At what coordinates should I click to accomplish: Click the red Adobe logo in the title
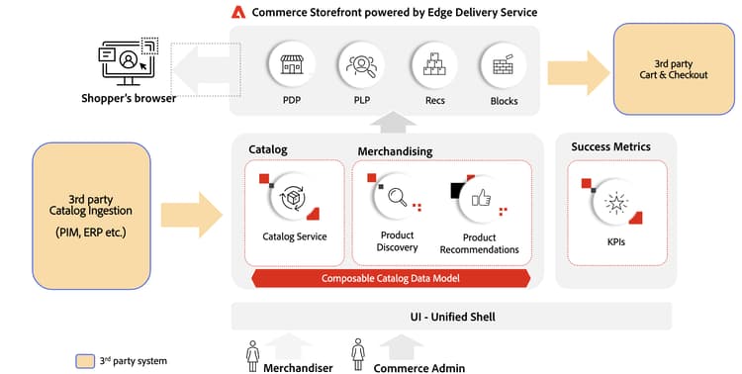[x=237, y=13]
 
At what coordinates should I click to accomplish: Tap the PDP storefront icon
[x=291, y=66]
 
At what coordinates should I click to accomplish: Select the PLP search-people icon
[x=361, y=66]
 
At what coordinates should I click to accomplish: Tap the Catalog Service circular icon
[x=294, y=199]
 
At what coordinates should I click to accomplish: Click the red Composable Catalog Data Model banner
[x=390, y=278]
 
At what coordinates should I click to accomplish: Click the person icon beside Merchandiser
[x=252, y=352]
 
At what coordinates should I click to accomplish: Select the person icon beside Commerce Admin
[x=358, y=352]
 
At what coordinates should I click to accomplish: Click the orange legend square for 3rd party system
[x=86, y=360]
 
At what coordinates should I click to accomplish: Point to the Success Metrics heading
[x=610, y=147]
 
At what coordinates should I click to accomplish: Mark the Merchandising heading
[x=395, y=150]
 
